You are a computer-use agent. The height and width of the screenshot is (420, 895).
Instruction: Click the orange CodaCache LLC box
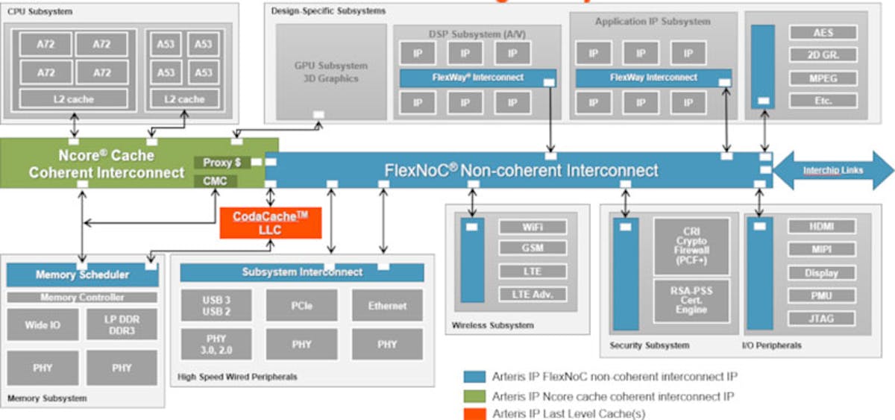point(271,222)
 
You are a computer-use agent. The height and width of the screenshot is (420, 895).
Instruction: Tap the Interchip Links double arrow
point(833,170)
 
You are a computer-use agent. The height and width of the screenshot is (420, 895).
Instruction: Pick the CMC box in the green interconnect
point(216,181)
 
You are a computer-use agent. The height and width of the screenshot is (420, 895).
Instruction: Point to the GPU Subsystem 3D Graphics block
point(331,72)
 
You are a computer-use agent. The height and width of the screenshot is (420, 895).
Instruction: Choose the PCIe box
point(301,306)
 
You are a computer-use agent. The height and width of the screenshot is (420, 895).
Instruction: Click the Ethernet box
point(387,306)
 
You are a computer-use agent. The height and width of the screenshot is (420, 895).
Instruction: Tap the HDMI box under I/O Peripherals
point(821,227)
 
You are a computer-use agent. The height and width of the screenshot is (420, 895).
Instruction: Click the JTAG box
point(821,319)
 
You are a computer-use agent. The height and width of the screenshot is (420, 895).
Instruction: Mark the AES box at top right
point(823,33)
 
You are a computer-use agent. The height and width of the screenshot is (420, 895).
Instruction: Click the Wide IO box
point(43,325)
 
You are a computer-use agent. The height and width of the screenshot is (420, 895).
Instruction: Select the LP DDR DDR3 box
point(122,325)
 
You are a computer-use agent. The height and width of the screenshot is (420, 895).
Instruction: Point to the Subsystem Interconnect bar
point(302,272)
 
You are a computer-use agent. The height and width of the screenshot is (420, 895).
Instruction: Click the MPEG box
point(823,78)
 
